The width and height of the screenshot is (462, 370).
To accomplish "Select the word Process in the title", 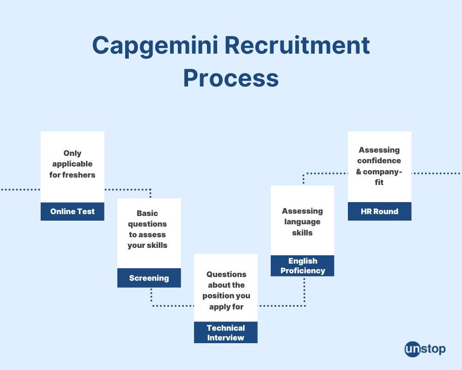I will [x=231, y=78].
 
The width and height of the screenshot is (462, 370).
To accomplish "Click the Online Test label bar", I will [x=73, y=211].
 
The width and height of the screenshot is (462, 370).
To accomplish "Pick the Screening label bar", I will [x=149, y=278].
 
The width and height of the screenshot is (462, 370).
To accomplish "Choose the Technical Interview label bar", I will [x=225, y=333].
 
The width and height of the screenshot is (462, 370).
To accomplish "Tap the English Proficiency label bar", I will [x=303, y=266].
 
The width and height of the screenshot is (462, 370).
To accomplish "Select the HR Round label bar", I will [x=379, y=211].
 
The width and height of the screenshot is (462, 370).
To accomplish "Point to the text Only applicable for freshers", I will [x=73, y=164].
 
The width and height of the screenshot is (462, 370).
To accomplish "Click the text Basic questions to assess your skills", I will [x=148, y=229].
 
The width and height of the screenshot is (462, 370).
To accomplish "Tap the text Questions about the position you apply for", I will [x=226, y=290].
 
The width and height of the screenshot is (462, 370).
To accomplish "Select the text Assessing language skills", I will [x=303, y=222].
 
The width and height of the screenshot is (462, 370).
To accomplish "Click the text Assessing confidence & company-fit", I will [x=379, y=166].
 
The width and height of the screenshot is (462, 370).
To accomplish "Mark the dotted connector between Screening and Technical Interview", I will [x=171, y=306].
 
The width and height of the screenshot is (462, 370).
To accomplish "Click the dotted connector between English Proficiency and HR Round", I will [x=323, y=173].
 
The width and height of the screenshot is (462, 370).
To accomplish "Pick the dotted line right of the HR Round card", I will [x=436, y=173].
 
